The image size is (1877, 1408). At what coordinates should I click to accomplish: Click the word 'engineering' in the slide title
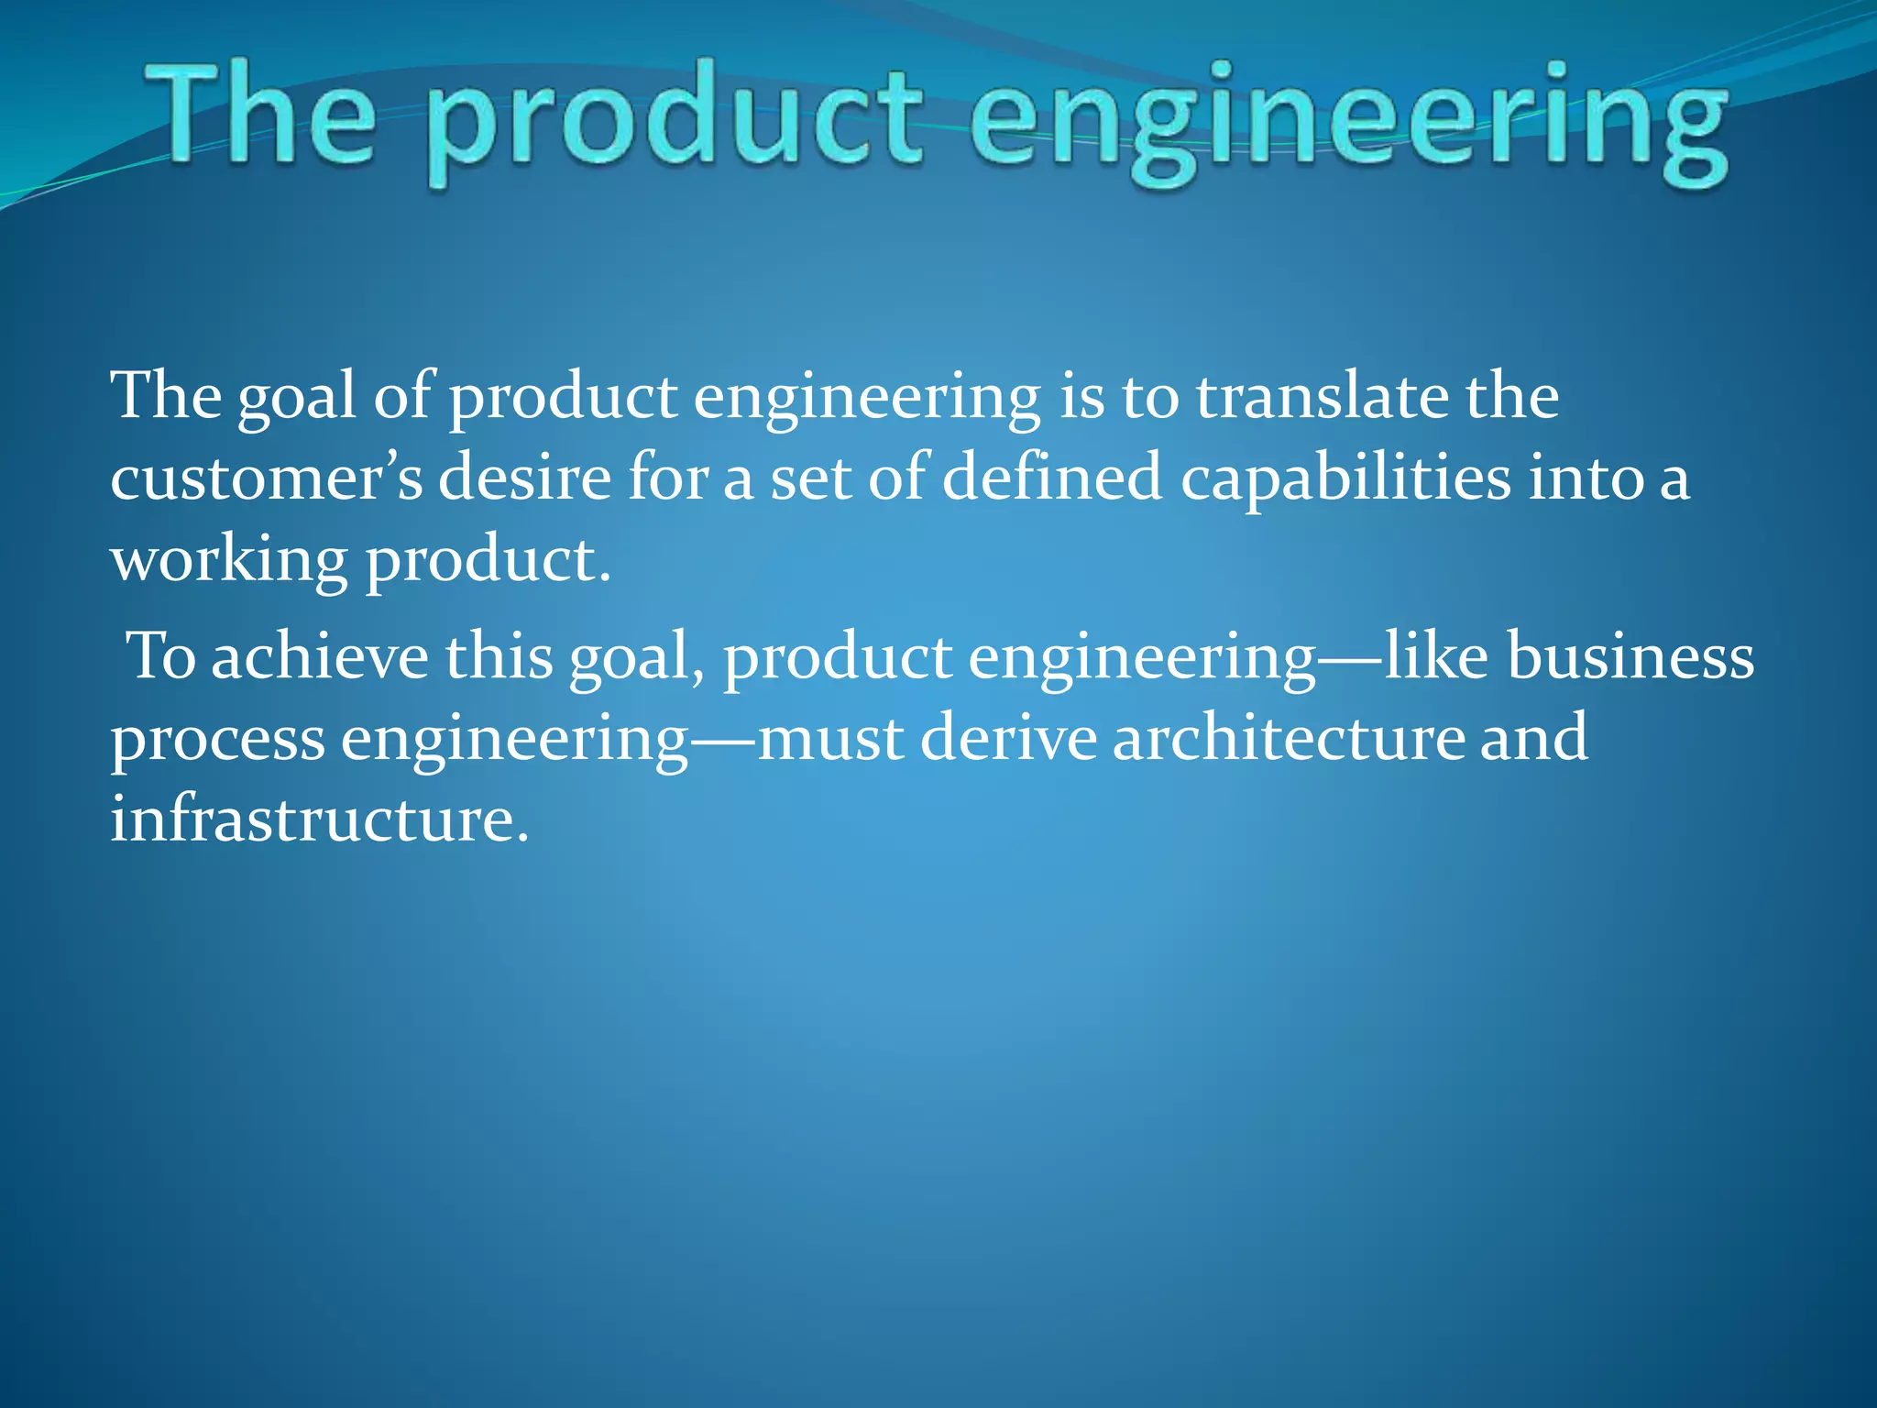[1347, 119]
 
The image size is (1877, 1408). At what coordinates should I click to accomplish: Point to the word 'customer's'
[266, 478]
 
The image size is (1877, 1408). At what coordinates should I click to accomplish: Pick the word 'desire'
[524, 478]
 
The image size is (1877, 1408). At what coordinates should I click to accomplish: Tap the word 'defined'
[1051, 477]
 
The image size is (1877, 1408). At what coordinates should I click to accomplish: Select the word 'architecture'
[1289, 737]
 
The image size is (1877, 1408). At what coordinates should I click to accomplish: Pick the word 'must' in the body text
[831, 739]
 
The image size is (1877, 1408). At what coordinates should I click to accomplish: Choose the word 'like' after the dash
[1435, 656]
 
